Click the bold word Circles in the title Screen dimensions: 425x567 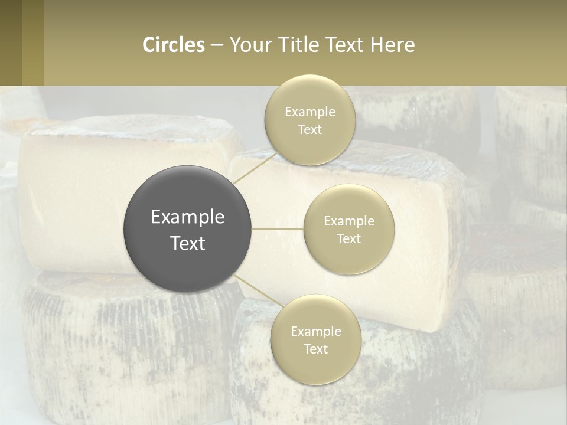[x=174, y=45]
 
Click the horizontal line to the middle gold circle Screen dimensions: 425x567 [x=278, y=229]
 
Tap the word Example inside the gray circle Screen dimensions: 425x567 [x=188, y=217]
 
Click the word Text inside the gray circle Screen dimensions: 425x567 [x=188, y=243]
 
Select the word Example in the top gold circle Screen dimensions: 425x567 [x=309, y=112]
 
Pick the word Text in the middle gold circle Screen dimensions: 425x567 [x=348, y=239]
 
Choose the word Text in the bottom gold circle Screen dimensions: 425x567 [x=315, y=349]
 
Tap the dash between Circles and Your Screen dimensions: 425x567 [x=217, y=45]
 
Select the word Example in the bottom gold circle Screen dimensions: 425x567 [x=315, y=332]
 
